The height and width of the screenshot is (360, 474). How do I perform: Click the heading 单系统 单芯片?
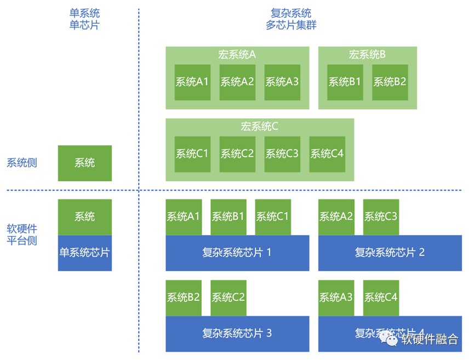(84, 19)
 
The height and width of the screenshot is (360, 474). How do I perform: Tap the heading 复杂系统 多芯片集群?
(291, 19)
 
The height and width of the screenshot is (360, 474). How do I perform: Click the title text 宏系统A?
(237, 54)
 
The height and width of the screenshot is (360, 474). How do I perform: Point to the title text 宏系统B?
(367, 54)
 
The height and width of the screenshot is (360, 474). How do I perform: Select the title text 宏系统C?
(260, 126)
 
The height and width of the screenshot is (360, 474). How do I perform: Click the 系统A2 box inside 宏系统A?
(237, 82)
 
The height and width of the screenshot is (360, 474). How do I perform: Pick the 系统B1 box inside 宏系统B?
(345, 82)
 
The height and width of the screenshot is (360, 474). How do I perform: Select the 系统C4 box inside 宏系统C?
(327, 154)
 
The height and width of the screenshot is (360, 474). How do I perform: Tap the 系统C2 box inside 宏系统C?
(237, 154)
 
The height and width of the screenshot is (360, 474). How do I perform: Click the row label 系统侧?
(22, 163)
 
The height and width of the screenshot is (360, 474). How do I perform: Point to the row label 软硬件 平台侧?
(22, 235)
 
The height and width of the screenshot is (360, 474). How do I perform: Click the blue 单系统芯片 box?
(85, 253)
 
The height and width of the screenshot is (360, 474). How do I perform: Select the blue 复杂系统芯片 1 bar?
(237, 253)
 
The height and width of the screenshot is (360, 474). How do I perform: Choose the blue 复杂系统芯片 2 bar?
(390, 253)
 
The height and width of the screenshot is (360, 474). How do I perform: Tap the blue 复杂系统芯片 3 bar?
(237, 333)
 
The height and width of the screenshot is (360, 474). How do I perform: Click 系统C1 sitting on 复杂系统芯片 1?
(272, 216)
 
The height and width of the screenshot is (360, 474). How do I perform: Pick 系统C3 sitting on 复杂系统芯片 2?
(380, 216)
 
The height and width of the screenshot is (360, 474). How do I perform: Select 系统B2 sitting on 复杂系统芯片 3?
(184, 298)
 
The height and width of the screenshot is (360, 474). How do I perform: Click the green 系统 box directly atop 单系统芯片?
(85, 216)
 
